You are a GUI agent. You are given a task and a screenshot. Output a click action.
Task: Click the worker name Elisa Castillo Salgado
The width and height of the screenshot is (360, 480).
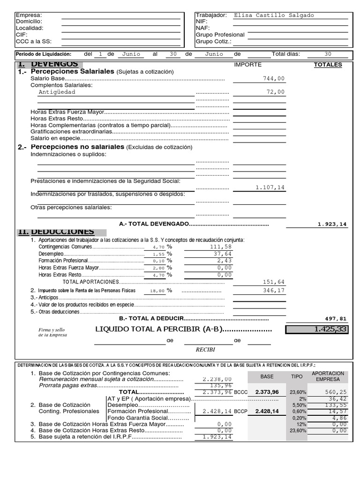(x=274, y=15)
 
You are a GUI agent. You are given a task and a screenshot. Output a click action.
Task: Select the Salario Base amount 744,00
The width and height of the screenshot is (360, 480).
(x=274, y=79)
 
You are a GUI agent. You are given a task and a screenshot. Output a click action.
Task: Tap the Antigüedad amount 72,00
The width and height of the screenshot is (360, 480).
(x=275, y=92)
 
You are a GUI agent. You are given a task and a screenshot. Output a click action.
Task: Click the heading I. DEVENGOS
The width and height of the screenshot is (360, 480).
(x=48, y=64)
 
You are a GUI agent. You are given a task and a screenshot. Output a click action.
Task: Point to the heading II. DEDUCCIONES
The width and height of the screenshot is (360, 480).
(x=56, y=232)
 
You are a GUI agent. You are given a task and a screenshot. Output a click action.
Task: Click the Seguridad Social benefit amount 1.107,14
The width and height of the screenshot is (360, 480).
(x=270, y=187)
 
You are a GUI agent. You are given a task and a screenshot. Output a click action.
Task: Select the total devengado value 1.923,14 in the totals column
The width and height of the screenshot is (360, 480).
(x=332, y=225)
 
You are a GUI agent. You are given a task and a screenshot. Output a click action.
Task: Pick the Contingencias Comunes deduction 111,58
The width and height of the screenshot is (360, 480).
(x=222, y=247)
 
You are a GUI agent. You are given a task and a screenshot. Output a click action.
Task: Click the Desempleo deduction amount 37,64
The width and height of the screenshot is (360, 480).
(x=223, y=254)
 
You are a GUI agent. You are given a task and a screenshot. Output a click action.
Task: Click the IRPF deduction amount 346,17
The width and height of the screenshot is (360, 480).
(x=274, y=291)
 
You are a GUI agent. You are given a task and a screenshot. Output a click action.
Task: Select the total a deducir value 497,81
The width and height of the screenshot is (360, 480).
(x=336, y=318)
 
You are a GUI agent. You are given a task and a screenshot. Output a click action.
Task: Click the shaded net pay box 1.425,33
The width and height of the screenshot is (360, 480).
(x=317, y=330)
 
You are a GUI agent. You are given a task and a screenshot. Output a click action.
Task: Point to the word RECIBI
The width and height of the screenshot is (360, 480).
(x=205, y=350)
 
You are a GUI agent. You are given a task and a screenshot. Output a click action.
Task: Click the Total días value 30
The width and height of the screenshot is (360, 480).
(x=328, y=54)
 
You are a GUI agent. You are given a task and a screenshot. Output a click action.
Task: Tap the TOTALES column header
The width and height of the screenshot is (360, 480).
(x=328, y=65)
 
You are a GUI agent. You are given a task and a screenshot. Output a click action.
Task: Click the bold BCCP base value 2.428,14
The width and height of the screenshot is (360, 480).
(x=267, y=411)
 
